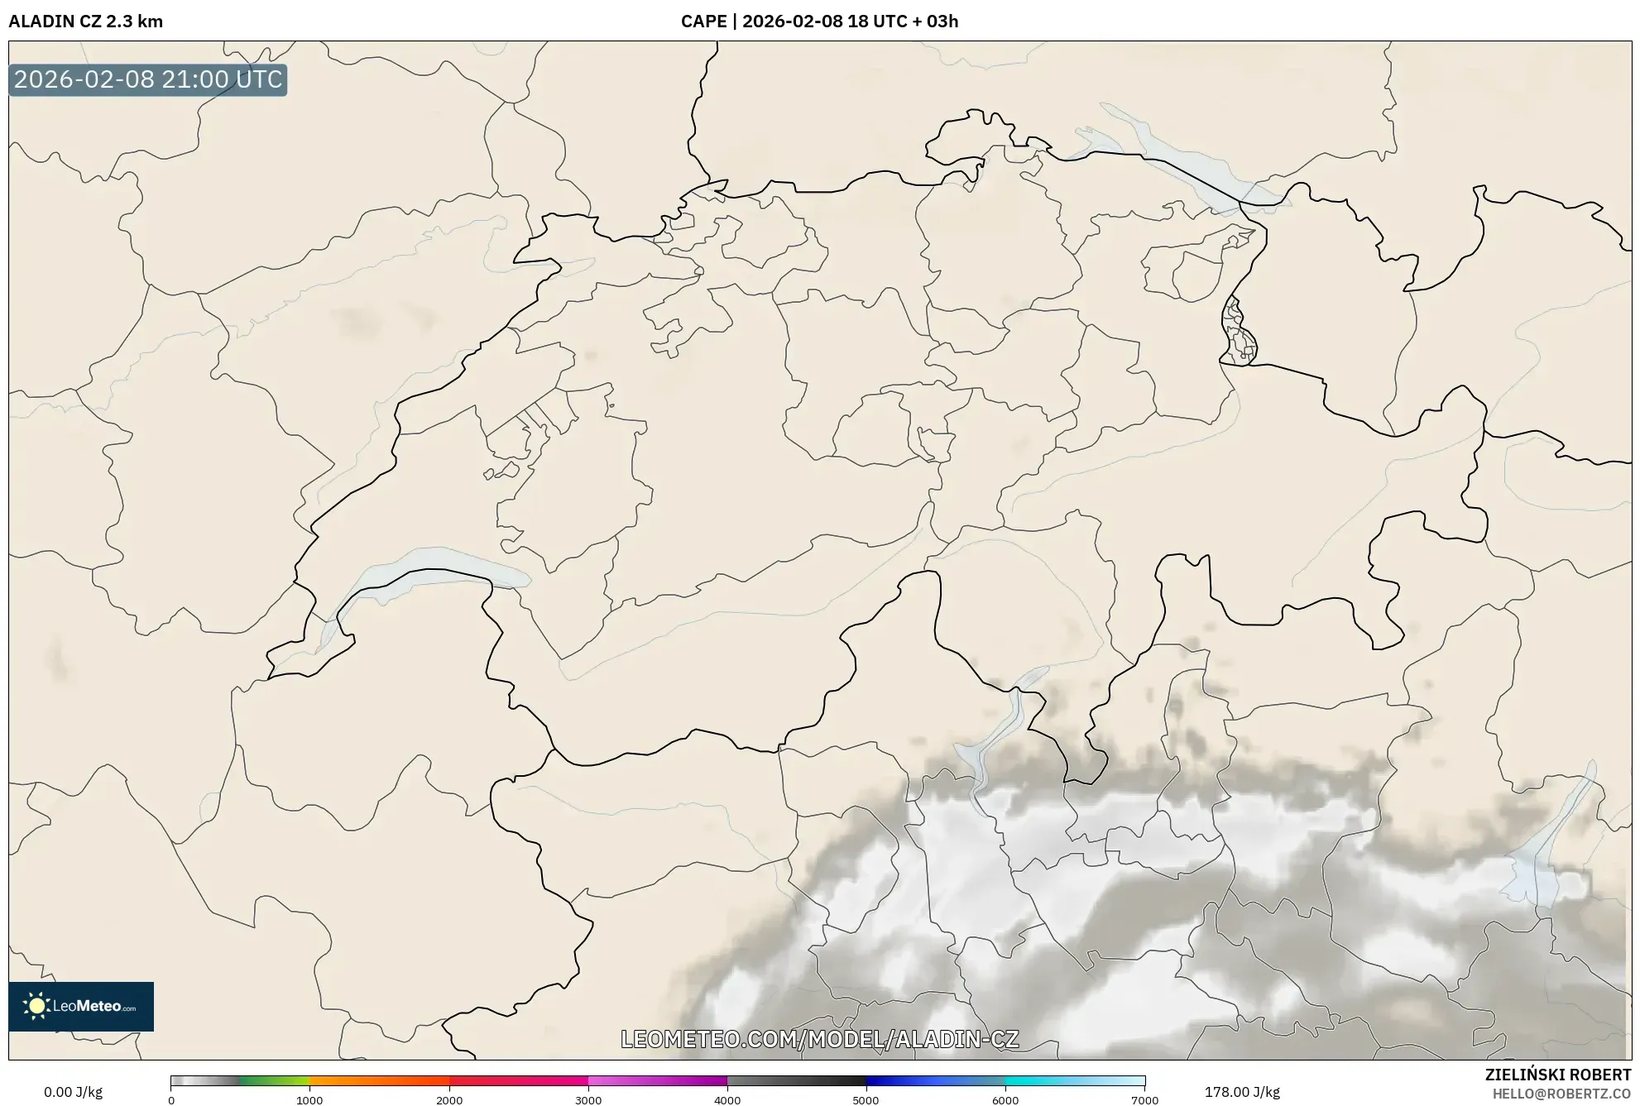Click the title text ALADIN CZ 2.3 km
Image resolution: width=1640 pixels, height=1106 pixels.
(x=85, y=22)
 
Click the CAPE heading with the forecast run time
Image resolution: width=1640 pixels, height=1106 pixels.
(x=819, y=22)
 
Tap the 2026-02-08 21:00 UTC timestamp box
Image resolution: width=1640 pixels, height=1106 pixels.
(x=148, y=79)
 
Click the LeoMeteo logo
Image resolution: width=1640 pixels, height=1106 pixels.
(x=81, y=1006)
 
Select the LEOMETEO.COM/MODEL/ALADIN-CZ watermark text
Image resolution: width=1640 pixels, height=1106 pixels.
(x=819, y=1039)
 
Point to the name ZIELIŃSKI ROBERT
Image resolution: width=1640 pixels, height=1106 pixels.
(x=1557, y=1075)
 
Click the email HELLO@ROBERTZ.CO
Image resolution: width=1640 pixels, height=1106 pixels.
(x=1561, y=1094)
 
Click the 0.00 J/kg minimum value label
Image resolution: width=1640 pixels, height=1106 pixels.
(x=73, y=1092)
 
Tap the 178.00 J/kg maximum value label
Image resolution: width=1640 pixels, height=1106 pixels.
(x=1241, y=1092)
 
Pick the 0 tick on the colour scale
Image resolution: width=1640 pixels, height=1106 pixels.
(x=171, y=1100)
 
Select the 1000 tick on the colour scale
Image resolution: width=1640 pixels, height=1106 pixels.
(x=309, y=1100)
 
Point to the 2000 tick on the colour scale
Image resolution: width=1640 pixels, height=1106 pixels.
(x=449, y=1100)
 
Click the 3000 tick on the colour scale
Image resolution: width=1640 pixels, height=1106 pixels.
(x=588, y=1100)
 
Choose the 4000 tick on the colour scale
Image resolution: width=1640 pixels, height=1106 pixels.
(x=727, y=1100)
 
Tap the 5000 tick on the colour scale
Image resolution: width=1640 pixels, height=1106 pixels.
(x=866, y=1100)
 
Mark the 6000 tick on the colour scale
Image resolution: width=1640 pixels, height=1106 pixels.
(x=1005, y=1100)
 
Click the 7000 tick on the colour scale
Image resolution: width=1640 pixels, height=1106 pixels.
(x=1144, y=1100)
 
